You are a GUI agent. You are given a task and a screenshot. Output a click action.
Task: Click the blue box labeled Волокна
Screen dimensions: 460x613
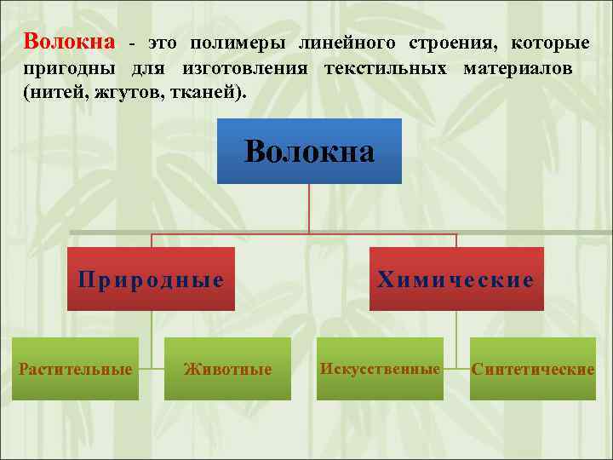coord(309,152)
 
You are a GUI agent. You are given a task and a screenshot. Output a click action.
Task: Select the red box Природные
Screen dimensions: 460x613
coord(152,279)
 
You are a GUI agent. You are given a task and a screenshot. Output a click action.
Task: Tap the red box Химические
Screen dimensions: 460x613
coord(456,279)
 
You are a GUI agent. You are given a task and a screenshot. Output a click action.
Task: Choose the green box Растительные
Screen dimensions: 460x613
coord(76,369)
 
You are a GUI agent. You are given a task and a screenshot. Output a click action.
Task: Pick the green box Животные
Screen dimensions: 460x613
coord(227,369)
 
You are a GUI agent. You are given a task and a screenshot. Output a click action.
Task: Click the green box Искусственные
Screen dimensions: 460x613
coord(380,369)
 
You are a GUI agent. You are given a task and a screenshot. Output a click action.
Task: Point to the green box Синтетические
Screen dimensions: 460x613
coord(533,369)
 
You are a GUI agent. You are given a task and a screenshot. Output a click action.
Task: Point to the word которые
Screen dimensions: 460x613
coord(551,43)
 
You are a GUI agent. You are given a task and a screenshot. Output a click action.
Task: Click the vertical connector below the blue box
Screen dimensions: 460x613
coord(309,208)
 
